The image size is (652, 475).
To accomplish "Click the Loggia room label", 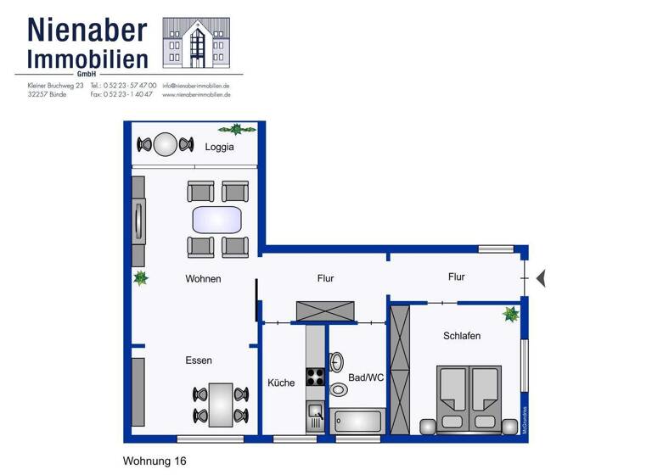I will [x=219, y=147].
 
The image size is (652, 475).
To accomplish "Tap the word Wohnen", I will [x=203, y=279].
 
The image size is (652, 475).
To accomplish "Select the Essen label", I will [x=199, y=360].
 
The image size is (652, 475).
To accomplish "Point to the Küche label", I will [x=281, y=383].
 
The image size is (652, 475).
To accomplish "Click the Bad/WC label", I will [x=366, y=378].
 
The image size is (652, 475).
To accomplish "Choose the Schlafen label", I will [x=462, y=336].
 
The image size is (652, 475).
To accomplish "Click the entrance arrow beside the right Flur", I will [x=542, y=277].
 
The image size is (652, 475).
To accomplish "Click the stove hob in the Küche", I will [x=315, y=377].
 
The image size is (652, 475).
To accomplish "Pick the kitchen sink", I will [x=314, y=415].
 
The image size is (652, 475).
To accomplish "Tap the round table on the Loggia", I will [x=166, y=144].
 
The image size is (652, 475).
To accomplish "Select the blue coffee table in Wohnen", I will [x=218, y=220].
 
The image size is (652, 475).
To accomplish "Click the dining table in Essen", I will [x=221, y=405].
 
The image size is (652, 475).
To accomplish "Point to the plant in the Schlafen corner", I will [x=510, y=315].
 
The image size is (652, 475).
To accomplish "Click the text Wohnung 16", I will [x=155, y=461].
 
